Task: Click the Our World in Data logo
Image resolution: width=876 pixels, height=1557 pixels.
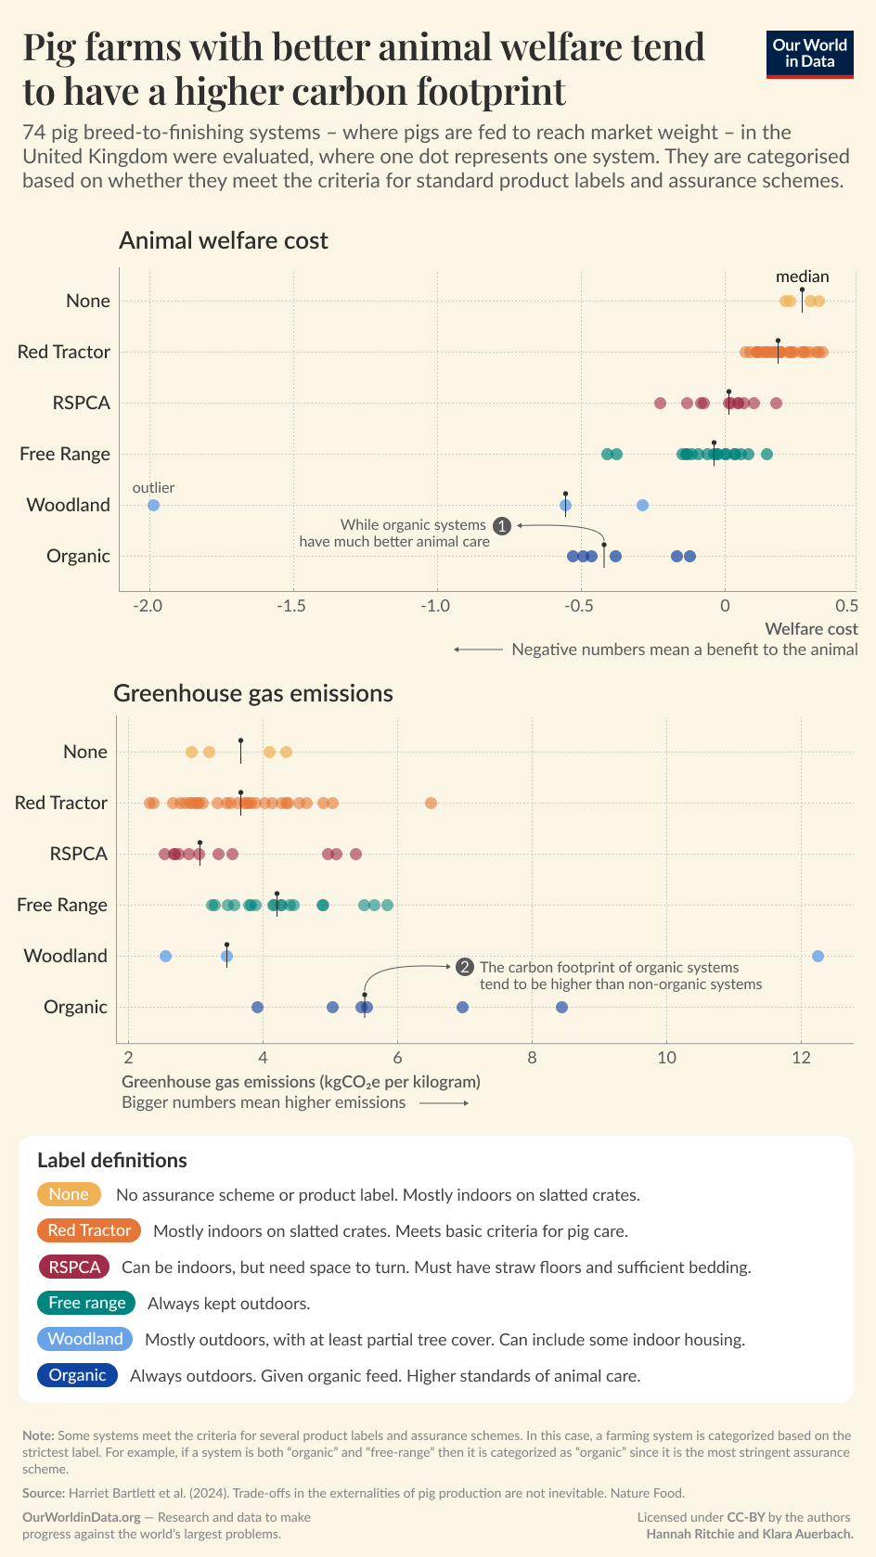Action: (809, 54)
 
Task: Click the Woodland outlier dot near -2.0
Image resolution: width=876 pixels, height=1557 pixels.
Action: (154, 505)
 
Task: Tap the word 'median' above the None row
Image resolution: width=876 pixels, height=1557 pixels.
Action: (802, 277)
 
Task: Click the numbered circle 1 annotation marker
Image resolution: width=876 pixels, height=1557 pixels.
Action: (502, 526)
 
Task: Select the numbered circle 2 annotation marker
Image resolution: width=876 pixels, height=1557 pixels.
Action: (465, 967)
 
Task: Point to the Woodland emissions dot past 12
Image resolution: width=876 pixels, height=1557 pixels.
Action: (818, 956)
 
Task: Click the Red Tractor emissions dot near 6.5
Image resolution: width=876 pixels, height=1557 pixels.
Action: (431, 803)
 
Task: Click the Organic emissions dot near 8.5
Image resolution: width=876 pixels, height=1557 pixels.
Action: (561, 1007)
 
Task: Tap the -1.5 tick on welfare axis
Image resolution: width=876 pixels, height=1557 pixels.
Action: (292, 606)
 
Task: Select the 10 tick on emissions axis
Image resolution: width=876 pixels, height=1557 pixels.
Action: (666, 1058)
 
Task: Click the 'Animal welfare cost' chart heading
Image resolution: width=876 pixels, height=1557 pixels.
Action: (224, 241)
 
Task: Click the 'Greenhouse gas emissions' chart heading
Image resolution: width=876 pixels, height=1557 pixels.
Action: (253, 693)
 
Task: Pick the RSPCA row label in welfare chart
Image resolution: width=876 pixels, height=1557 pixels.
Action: (82, 403)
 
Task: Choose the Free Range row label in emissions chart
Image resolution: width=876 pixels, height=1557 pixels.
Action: (62, 905)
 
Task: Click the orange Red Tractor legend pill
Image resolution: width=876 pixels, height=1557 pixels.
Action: (89, 1230)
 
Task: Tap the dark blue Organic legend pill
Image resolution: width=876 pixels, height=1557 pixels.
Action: (77, 1375)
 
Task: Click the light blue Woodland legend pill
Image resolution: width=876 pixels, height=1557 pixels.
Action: (84, 1339)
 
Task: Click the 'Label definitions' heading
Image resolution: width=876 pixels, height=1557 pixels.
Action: (112, 1160)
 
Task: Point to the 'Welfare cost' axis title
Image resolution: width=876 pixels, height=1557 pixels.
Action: (811, 628)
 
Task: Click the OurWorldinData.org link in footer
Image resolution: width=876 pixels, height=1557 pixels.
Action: (82, 1517)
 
